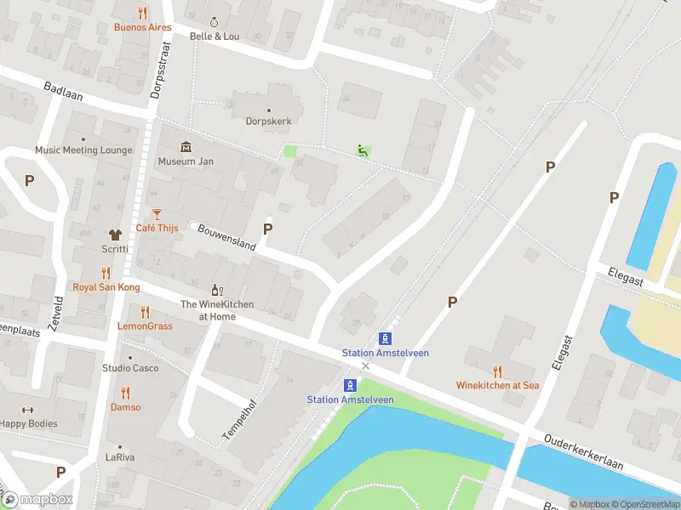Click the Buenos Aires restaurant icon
tap(142, 13)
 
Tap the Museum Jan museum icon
tap(186, 147)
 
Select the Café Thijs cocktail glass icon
tap(156, 214)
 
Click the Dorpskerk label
tap(269, 122)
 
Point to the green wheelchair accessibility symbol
tap(363, 151)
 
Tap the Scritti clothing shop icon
tap(115, 235)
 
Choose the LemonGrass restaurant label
tap(145, 326)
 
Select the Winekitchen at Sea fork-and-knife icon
tap(497, 371)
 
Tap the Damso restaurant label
tap(125, 407)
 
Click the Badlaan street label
tap(63, 91)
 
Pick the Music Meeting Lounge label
tap(83, 150)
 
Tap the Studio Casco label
tap(130, 368)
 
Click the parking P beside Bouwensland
tap(268, 229)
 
